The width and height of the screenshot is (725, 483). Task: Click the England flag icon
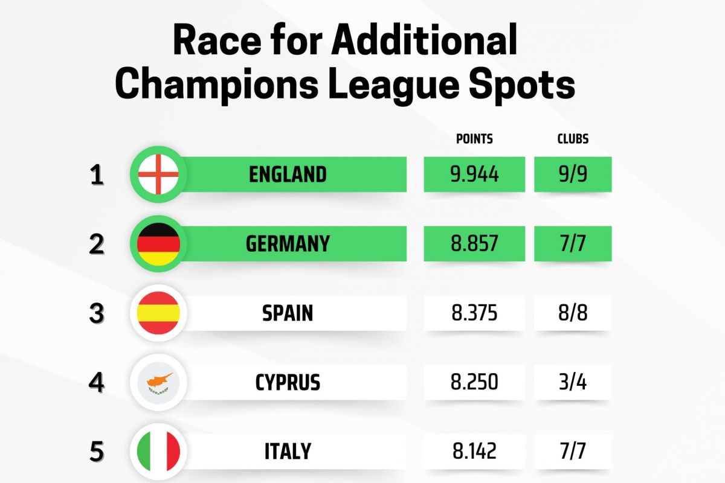tap(158, 174)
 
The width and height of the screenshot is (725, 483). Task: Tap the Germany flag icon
tap(158, 244)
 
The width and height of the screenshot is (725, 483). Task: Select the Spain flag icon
tap(158, 313)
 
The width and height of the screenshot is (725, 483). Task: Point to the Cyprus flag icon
tap(158, 383)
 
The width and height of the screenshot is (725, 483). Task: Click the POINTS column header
tap(474, 139)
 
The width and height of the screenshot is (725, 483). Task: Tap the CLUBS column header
tap(573, 139)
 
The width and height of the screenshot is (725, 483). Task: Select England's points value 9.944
tap(474, 174)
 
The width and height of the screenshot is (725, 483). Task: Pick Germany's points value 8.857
tap(474, 244)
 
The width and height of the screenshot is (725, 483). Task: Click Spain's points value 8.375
tap(474, 313)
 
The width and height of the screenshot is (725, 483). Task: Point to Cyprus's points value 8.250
tap(474, 383)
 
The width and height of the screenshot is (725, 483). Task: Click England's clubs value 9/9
tap(573, 174)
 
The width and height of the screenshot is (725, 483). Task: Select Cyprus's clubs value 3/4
tap(573, 383)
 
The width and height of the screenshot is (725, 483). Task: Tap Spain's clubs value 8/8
tap(573, 313)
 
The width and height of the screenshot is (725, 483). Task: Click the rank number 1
tap(97, 174)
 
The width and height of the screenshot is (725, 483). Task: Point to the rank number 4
tap(97, 383)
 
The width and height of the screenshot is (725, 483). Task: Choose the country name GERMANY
tap(288, 244)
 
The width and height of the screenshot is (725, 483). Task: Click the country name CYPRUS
tap(288, 383)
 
